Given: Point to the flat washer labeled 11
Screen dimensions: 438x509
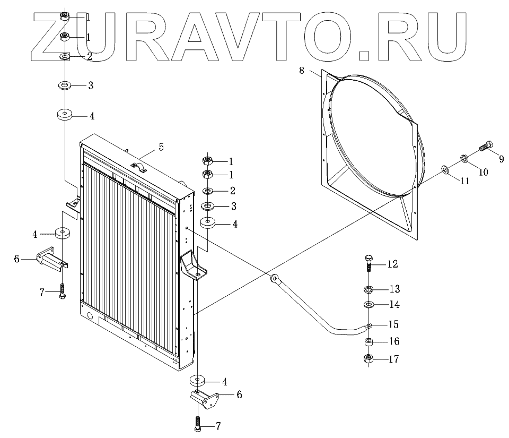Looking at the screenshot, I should (x=444, y=169).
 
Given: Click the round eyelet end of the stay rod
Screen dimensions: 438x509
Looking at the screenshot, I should (x=275, y=278).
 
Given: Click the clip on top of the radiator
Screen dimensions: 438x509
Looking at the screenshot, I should (x=139, y=168).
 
